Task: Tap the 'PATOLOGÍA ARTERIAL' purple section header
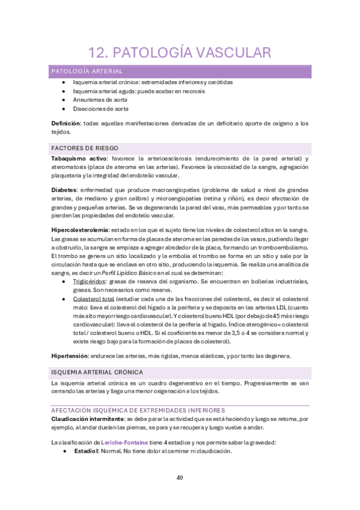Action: coord(87,71)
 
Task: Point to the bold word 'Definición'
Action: coord(66,123)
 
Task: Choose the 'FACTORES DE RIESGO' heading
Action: coord(85,148)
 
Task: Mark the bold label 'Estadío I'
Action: coord(85,451)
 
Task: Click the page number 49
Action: coord(180,478)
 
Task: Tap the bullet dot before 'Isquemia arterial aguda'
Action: coord(63,91)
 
